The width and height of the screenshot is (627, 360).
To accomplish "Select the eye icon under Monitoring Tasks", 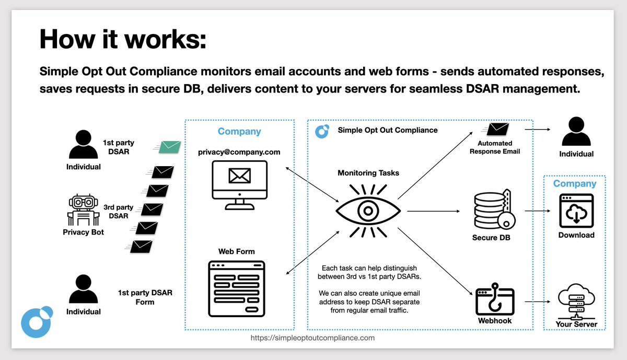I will click(368, 211).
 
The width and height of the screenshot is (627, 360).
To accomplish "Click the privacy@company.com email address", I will click(239, 152).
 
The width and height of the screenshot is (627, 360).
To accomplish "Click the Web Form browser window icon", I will click(236, 288).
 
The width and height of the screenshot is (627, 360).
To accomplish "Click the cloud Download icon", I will click(576, 211).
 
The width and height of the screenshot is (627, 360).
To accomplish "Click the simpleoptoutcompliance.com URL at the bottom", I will click(312, 338).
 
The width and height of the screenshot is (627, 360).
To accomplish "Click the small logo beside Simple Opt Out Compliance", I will click(322, 130).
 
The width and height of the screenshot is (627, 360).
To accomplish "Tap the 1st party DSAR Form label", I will click(145, 297).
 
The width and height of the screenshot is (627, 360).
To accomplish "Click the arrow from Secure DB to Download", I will click(538, 212).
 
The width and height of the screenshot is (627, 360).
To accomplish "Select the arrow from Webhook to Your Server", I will click(538, 301).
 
